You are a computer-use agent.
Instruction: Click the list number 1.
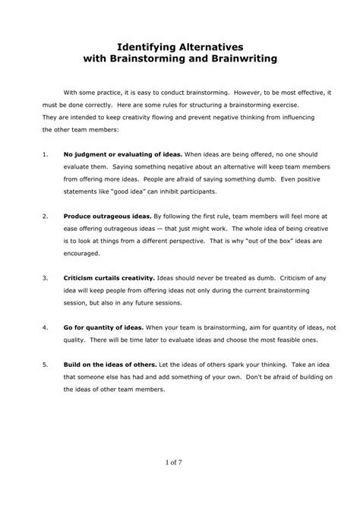click(46, 154)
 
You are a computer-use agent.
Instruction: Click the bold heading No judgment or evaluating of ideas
click(113, 154)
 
